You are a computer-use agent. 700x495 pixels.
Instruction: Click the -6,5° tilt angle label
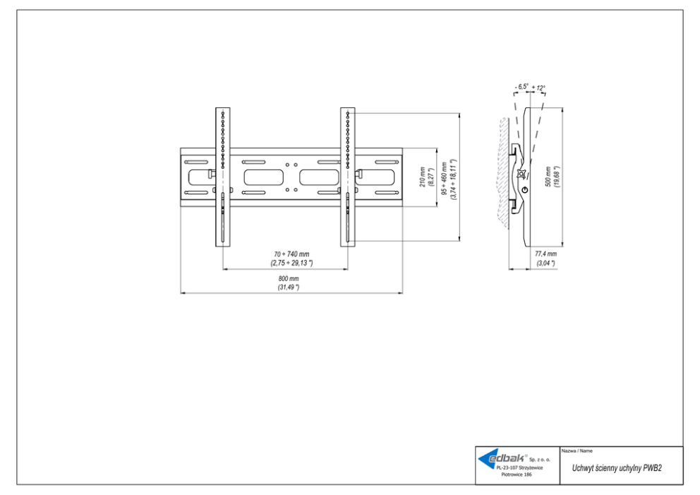pos(522,88)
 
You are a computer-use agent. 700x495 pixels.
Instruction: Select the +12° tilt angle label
pos(539,88)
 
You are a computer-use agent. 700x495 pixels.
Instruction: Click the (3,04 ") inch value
pos(545,263)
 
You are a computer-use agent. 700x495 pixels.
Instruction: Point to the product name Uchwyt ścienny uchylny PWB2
pos(612,468)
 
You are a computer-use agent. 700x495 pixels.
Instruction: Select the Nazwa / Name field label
pos(577,451)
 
